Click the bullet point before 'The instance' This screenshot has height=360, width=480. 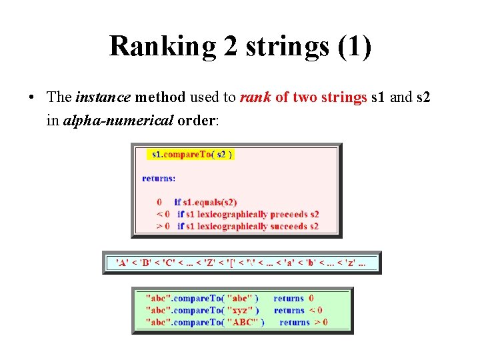(x=31, y=98)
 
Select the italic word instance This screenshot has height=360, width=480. (x=103, y=97)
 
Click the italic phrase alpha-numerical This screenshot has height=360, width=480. (x=118, y=120)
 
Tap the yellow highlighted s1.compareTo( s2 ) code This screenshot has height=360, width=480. (x=191, y=155)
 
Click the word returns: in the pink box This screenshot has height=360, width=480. (x=159, y=178)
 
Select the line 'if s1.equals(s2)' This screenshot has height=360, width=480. (x=205, y=202)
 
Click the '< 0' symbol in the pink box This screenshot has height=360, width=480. (x=163, y=214)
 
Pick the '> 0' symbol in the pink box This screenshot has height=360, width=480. (x=163, y=226)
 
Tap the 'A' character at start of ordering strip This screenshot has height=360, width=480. (x=122, y=262)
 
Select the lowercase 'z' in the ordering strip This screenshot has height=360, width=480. (x=349, y=262)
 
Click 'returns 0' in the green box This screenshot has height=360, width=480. (x=293, y=298)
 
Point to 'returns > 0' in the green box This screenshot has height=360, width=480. (x=303, y=322)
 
